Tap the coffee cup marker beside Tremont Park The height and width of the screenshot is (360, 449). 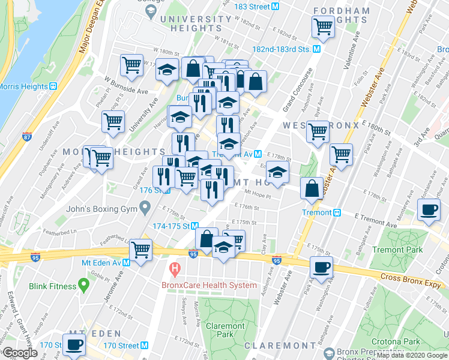click(428, 210)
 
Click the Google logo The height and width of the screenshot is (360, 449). click(19, 352)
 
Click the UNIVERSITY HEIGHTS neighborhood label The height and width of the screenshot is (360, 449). click(196, 23)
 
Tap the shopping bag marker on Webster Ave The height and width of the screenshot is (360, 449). click(312, 188)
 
